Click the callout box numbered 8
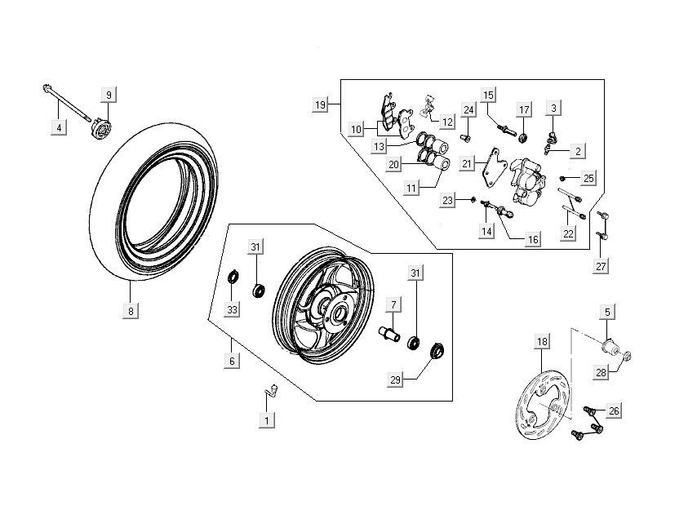[x=131, y=311]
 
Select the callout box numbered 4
[x=57, y=126]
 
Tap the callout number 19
[x=320, y=104]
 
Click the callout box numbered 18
[x=540, y=342]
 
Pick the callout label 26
[x=615, y=411]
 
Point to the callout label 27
[x=602, y=266]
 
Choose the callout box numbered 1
[x=266, y=420]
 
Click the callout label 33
[x=232, y=310]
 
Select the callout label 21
[x=467, y=163]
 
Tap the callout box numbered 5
[x=607, y=311]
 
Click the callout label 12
[x=447, y=122]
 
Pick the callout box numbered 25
[x=588, y=178]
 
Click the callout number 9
[x=108, y=95]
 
